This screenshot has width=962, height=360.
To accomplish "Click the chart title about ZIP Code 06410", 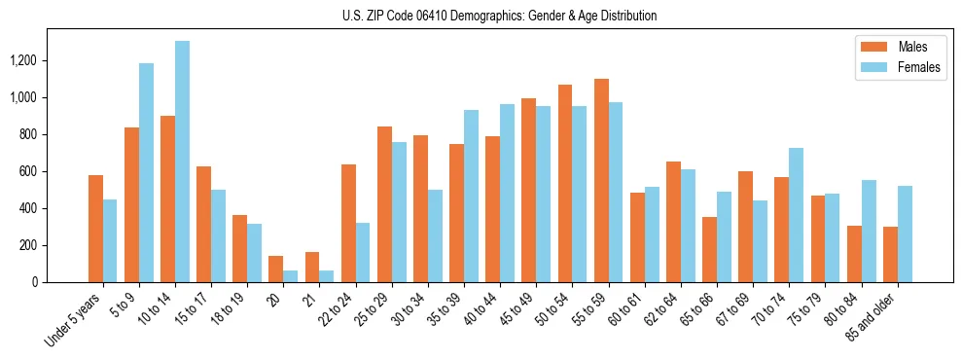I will tap(500, 16).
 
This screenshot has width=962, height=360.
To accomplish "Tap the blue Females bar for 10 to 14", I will tap(182, 162).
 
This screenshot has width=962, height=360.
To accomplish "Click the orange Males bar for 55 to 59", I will tap(601, 180).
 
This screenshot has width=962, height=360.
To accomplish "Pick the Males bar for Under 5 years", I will tap(95, 229).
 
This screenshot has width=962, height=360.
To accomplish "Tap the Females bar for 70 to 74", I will tap(796, 215).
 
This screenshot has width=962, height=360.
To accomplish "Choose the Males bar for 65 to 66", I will tap(709, 250).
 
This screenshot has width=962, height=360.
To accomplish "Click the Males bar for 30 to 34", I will tap(420, 209).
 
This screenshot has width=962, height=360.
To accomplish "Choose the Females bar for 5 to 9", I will tap(146, 173).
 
